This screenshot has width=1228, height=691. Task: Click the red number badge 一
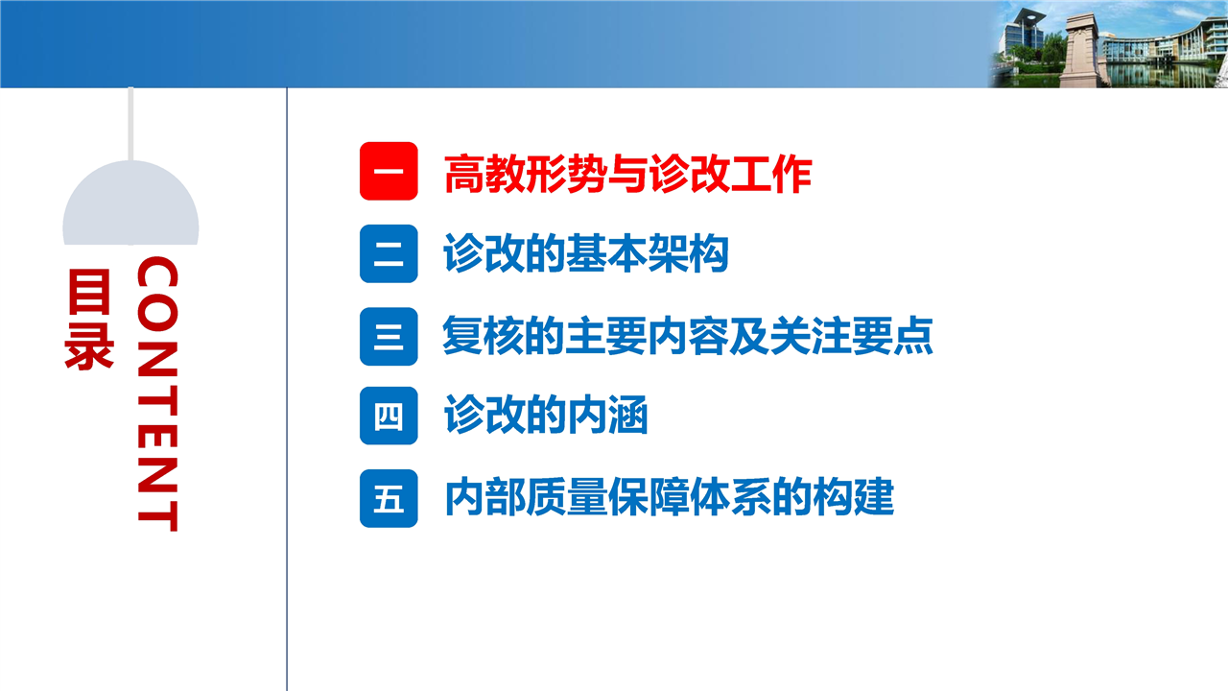pyautogui.click(x=389, y=171)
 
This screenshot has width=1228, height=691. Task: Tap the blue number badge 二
pyautogui.click(x=389, y=254)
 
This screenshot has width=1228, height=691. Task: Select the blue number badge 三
pyautogui.click(x=389, y=336)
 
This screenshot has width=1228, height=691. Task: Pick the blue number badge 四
pyautogui.click(x=389, y=416)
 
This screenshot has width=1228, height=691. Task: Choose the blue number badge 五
pyautogui.click(x=389, y=498)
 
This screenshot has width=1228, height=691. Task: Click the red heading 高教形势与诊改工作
pyautogui.click(x=627, y=174)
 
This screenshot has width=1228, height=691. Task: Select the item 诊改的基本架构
pyautogui.click(x=586, y=253)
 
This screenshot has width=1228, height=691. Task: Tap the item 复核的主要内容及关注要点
pyautogui.click(x=688, y=335)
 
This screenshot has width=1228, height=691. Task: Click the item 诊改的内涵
pyautogui.click(x=546, y=415)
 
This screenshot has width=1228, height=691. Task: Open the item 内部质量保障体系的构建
pyautogui.click(x=670, y=497)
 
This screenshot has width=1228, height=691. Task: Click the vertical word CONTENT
pyautogui.click(x=157, y=393)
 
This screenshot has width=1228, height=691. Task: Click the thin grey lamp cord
pyautogui.click(x=130, y=124)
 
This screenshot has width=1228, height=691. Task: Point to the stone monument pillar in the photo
pyautogui.click(x=1080, y=52)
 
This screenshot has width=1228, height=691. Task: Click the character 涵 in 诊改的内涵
pyautogui.click(x=627, y=415)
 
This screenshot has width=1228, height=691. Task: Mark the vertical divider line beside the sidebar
pyautogui.click(x=287, y=390)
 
